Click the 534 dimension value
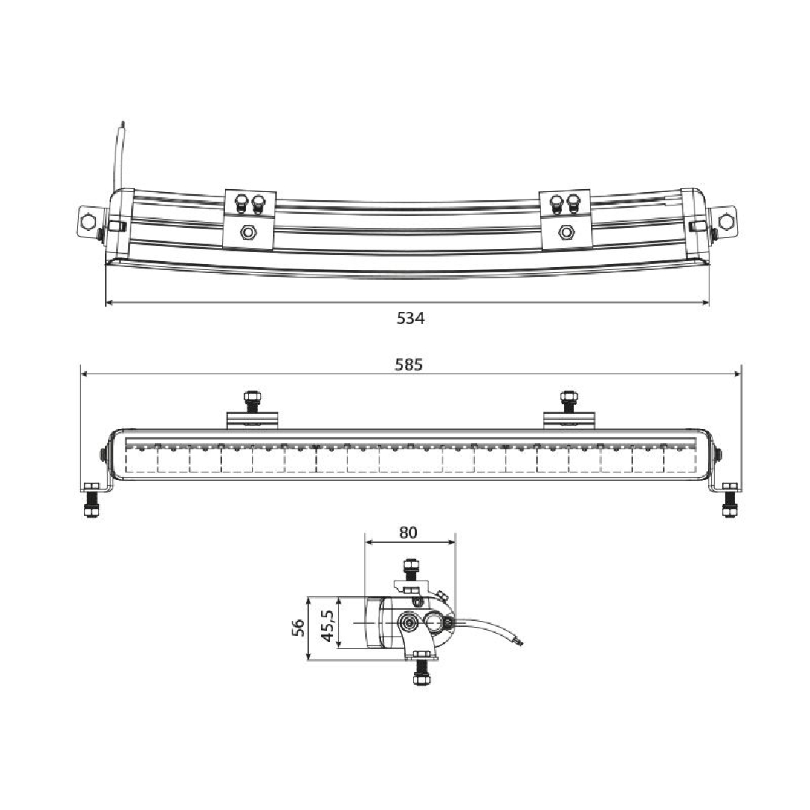point(411,318)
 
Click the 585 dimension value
point(409,364)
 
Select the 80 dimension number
point(408,532)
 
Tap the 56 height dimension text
point(298,628)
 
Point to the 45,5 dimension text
point(328,625)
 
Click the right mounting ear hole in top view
point(726,222)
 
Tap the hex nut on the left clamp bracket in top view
point(248,232)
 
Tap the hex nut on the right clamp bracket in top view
point(565,232)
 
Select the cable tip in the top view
point(122,124)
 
